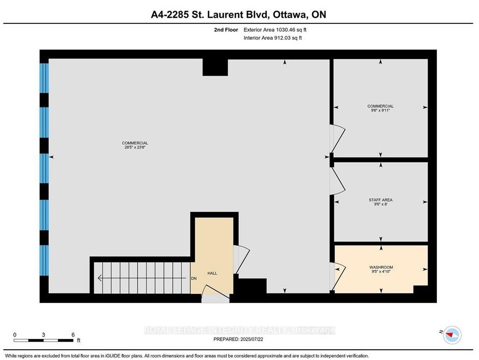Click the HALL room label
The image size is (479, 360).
212,273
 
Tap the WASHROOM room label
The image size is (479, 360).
381,267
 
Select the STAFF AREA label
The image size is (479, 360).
381,200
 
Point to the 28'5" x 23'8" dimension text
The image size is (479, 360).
135,147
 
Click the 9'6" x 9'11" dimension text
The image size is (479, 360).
380,110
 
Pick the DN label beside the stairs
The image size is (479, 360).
193,279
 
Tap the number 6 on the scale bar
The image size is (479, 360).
73,335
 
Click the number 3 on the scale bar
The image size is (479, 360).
43,335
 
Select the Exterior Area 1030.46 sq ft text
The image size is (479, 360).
275,30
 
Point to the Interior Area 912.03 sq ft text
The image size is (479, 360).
273,38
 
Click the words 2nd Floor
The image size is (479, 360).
226,30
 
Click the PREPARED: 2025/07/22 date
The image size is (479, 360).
238,339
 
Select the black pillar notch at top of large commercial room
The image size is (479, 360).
215,67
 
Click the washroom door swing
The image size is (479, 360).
339,276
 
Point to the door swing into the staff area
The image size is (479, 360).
337,181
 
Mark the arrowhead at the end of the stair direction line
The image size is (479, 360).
99,278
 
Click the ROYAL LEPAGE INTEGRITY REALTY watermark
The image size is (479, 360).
239,330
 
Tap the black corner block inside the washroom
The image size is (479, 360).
420,290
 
